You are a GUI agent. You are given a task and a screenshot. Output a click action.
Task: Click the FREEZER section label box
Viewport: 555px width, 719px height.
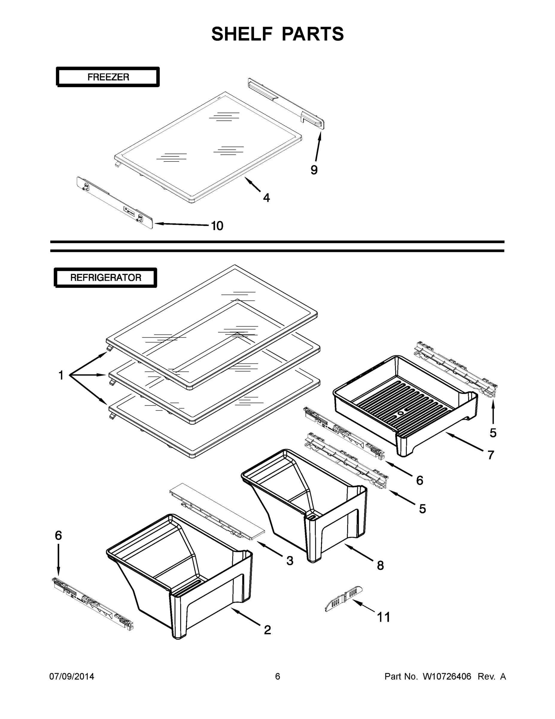click(x=108, y=77)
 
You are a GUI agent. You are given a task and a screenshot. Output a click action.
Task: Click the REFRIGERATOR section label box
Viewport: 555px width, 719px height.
click(x=106, y=277)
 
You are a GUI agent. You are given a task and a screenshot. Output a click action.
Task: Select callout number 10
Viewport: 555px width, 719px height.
click(x=217, y=226)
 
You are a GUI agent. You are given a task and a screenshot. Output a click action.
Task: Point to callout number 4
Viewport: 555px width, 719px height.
click(x=266, y=198)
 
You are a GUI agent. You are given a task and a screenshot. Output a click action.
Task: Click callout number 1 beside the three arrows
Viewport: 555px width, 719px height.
click(x=61, y=375)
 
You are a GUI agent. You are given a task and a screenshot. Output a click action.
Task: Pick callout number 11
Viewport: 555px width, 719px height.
click(x=383, y=617)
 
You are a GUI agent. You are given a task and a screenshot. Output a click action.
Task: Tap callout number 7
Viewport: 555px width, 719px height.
click(x=491, y=455)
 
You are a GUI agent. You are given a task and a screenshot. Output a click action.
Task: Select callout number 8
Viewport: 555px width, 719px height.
click(x=380, y=566)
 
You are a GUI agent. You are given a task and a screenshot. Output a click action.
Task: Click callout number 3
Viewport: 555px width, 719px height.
click(x=290, y=561)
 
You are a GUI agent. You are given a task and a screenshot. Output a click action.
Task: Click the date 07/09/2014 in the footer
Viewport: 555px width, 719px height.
click(x=72, y=676)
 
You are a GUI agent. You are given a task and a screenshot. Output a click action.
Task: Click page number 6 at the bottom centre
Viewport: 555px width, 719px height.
click(x=278, y=676)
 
